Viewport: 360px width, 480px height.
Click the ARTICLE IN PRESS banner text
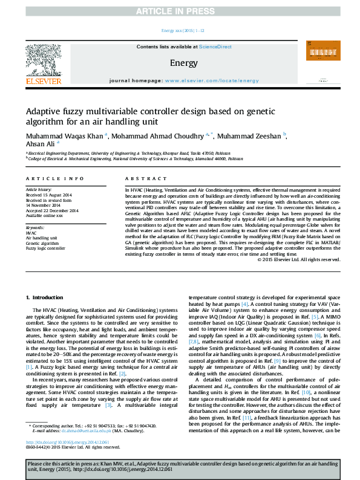pos(180,11)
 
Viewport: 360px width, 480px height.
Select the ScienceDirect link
pos(216,47)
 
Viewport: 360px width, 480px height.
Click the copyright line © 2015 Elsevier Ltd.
pos(291,260)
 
